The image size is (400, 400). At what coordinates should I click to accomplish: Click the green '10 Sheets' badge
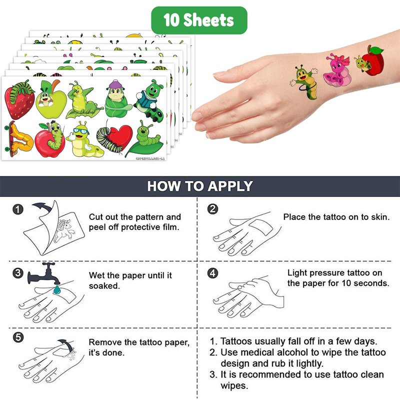point(199,20)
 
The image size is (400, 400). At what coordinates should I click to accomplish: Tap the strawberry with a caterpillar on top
point(19,99)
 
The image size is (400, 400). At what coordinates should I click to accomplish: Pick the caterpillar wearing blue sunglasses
point(84,139)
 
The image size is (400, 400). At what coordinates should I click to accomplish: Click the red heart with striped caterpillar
point(115,138)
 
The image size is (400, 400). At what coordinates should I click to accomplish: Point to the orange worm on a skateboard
point(18,139)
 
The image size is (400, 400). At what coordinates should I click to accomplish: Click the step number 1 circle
point(18,209)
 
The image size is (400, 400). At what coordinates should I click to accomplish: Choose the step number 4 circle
point(212,273)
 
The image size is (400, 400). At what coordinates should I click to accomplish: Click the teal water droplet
point(56,289)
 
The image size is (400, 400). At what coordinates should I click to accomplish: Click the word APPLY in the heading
point(230,186)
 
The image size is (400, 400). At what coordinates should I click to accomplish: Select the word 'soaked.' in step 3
point(104,285)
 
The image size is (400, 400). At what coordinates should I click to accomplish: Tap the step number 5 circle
point(18,337)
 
